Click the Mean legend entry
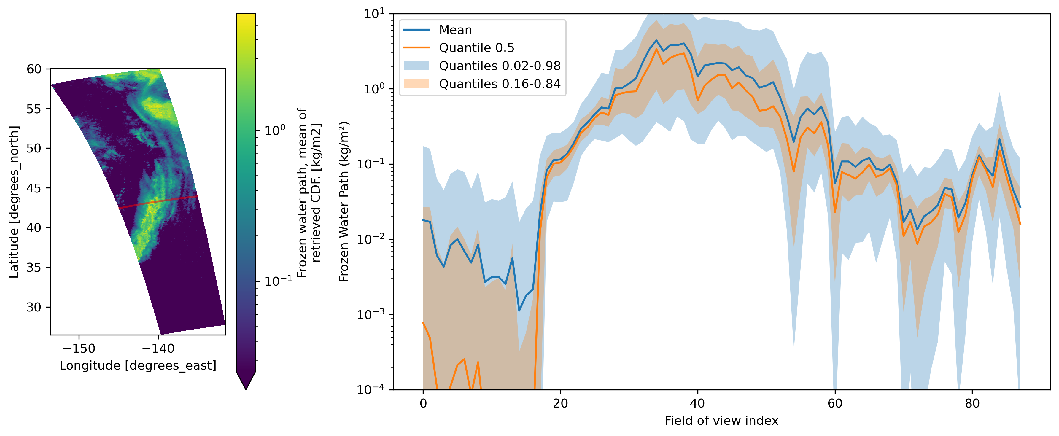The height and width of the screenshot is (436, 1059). click(455, 30)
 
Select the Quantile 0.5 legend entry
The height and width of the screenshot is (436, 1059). click(476, 48)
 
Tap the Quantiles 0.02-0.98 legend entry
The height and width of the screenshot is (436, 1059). click(500, 66)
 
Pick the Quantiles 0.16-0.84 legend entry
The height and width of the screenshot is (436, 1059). click(500, 84)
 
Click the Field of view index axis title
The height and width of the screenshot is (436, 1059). click(721, 421)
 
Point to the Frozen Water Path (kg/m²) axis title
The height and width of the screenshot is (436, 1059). click(344, 201)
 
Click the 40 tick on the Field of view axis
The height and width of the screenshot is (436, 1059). click(698, 403)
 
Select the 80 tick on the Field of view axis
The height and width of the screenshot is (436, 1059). click(972, 403)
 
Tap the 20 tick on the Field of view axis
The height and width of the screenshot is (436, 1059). click(560, 403)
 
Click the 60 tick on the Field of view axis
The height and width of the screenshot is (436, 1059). click(835, 403)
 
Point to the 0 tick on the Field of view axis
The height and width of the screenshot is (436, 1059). click(423, 403)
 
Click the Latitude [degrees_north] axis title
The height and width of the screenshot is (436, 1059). click(14, 202)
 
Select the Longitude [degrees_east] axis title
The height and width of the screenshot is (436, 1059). click(138, 366)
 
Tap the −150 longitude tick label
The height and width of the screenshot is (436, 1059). click(79, 349)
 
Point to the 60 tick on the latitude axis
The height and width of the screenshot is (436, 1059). click(34, 69)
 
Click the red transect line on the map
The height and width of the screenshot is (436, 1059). click(158, 202)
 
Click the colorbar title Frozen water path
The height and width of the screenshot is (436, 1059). click(308, 193)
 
